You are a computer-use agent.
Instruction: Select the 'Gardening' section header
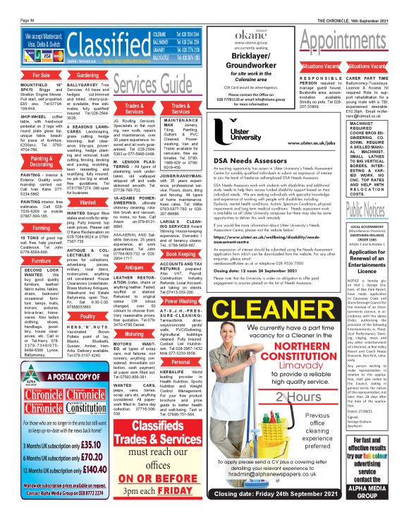(x=87, y=75)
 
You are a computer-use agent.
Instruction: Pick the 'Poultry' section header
(x=87, y=318)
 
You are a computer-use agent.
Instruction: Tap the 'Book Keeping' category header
(x=181, y=253)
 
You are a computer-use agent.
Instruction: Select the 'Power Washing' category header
(x=181, y=300)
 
